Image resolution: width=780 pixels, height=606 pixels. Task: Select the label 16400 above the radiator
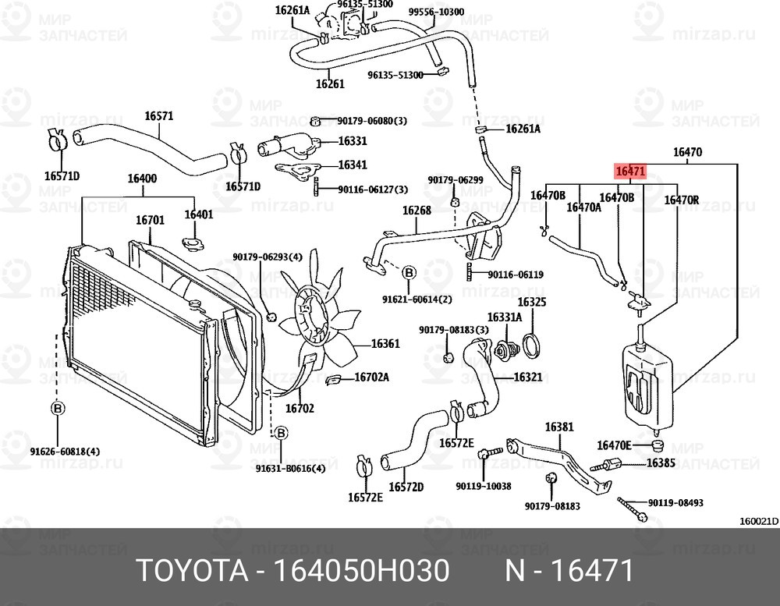[x=142, y=179]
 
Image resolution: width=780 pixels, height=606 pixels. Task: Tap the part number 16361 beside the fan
[x=385, y=343]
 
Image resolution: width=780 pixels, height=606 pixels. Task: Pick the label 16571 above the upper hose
[x=158, y=116]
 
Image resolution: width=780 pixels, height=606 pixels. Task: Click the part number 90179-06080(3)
[x=372, y=121]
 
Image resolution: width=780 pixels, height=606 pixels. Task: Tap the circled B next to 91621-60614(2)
[x=409, y=272]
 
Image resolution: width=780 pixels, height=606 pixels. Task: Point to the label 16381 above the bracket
[x=558, y=427]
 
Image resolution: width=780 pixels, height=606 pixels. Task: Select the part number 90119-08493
[x=675, y=503]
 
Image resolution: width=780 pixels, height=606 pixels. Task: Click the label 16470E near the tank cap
[x=613, y=445]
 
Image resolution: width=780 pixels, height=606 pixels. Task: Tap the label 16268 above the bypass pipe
[x=417, y=211]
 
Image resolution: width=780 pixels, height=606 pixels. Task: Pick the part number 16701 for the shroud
[x=150, y=220]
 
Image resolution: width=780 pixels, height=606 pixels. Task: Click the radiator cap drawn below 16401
[x=192, y=246]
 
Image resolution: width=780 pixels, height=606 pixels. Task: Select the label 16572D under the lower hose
[x=406, y=487]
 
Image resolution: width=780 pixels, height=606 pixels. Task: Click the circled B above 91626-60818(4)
[x=57, y=408]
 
